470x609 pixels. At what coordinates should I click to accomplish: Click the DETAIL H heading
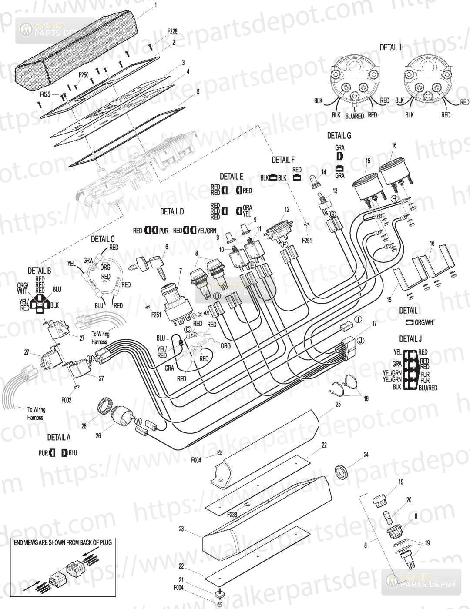391,47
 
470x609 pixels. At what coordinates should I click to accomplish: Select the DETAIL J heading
410,339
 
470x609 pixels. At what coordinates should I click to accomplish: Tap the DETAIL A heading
59,437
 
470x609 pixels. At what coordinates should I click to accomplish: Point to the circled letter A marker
138,421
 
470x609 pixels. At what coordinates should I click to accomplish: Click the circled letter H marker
394,198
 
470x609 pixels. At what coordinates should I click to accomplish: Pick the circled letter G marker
332,214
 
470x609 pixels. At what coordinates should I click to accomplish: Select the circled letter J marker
360,341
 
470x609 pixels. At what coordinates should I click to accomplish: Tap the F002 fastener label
66,399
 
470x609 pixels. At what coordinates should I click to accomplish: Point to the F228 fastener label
172,32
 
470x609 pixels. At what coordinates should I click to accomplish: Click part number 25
338,405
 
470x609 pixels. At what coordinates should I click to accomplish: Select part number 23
181,529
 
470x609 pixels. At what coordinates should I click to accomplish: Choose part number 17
374,323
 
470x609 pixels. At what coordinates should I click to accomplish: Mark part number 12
286,210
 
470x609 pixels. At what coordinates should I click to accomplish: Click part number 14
323,172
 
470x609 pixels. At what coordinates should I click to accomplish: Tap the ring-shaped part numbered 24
342,471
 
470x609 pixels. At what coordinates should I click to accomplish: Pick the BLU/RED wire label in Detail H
355,116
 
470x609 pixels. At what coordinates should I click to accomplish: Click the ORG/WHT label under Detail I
425,322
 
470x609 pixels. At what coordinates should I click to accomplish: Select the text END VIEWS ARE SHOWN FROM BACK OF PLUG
63,542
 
